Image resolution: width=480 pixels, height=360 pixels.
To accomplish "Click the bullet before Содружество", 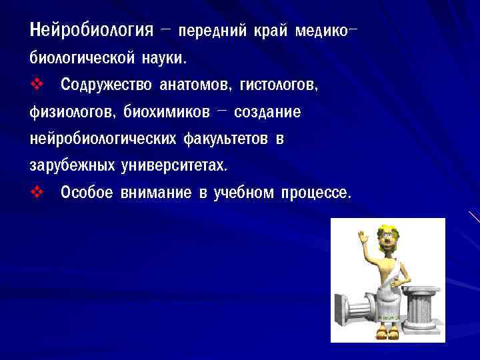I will pos(36,85).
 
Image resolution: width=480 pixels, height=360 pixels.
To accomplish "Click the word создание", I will pos(267,113).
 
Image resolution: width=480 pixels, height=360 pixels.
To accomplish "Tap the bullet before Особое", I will pos(36,193).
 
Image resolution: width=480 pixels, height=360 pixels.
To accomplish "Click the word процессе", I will pos(314,193).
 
